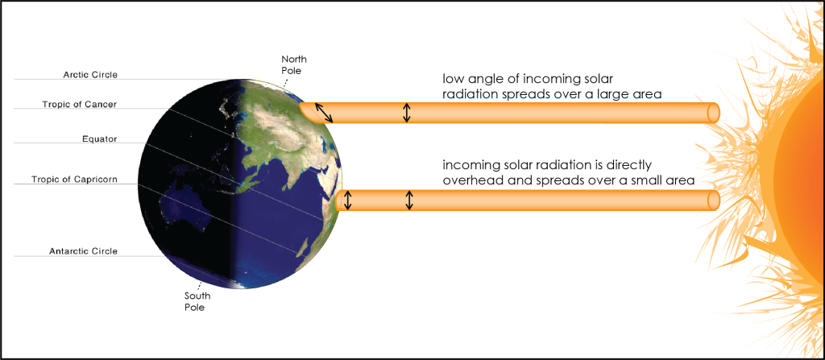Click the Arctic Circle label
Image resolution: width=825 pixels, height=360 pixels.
(x=90, y=75)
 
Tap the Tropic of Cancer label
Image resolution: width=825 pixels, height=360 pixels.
(x=83, y=105)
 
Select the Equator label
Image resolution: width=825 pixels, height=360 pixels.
(x=100, y=139)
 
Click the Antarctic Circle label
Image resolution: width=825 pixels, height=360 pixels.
(x=85, y=251)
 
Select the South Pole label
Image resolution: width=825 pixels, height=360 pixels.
(x=197, y=302)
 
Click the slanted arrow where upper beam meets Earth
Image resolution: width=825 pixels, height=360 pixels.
(x=323, y=113)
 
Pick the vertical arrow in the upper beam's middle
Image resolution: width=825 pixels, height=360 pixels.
(x=407, y=112)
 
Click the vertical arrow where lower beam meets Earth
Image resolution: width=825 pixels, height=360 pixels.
(x=347, y=200)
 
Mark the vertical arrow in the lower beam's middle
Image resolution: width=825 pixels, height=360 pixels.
(x=409, y=200)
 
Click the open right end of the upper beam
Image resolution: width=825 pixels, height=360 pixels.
(x=713, y=113)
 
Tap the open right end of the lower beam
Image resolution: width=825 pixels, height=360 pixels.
(x=713, y=200)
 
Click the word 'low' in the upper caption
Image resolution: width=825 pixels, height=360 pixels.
(x=454, y=79)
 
